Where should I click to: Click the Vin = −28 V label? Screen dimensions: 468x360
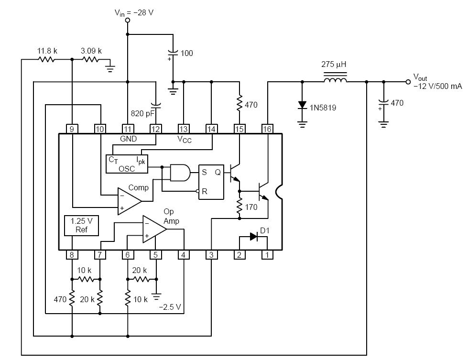[134, 12]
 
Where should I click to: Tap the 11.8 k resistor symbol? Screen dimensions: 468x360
[46, 60]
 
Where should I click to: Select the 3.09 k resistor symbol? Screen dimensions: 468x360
[90, 60]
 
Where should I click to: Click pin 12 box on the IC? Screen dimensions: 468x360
[155, 129]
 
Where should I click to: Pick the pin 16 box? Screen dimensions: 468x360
[267, 129]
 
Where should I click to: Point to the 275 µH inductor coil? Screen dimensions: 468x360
[335, 80]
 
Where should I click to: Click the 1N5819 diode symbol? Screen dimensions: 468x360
[302, 105]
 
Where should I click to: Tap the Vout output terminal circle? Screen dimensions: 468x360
[408, 82]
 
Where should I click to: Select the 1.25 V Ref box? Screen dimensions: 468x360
[81, 226]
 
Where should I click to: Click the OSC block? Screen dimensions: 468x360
[127, 164]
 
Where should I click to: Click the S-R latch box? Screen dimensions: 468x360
[211, 182]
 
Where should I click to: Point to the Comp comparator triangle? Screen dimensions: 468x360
[129, 201]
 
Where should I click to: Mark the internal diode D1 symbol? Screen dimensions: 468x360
[254, 237]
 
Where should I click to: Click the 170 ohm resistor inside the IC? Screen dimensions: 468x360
[239, 206]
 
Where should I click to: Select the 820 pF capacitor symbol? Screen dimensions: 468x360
[155, 105]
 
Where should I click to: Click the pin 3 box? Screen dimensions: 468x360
[211, 255]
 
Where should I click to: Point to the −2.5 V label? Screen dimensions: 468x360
[170, 307]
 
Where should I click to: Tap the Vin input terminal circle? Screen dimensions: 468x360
[128, 20]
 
